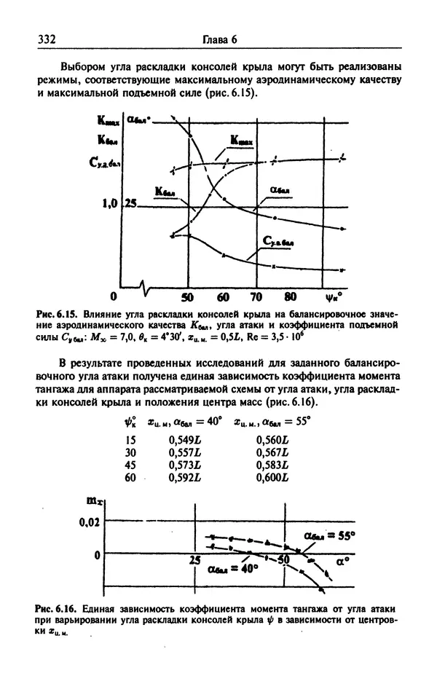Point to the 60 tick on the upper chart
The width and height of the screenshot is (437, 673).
[223, 296]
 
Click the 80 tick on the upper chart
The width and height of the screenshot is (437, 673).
[290, 296]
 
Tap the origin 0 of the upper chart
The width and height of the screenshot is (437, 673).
[114, 297]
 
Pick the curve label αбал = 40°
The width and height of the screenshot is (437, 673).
[233, 569]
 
